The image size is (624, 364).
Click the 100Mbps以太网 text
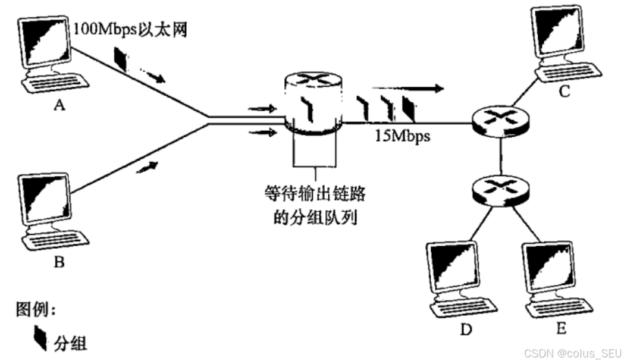(131, 30)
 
